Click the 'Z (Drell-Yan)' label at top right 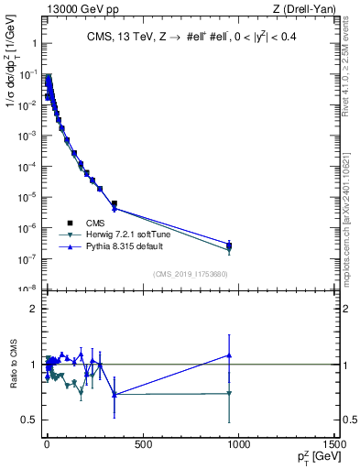[x=306, y=9]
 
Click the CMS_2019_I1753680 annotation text [x=190, y=274]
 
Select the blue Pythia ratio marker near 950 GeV [x=229, y=355]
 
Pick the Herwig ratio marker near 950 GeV [x=229, y=394]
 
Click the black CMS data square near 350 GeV [x=114, y=203]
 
